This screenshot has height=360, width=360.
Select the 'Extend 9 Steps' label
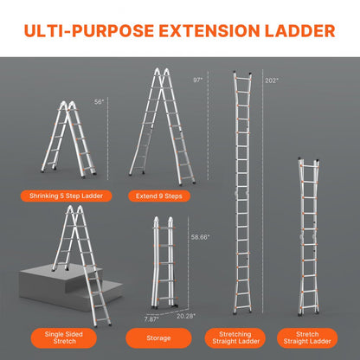158,196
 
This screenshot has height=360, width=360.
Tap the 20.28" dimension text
183,316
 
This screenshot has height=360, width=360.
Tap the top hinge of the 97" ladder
159,72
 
